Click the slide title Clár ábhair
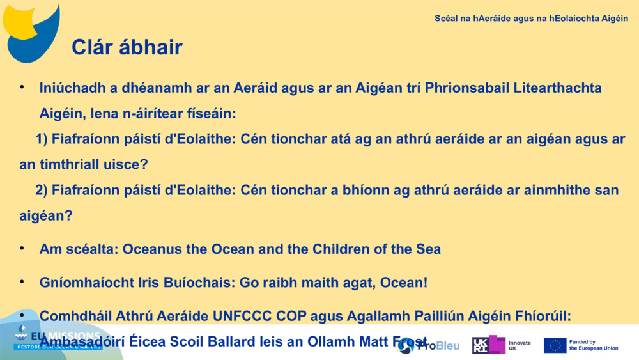[127, 47]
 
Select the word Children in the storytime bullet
[343, 249]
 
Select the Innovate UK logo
[502, 345]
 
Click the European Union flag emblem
[555, 345]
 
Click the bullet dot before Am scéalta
[22, 247]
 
